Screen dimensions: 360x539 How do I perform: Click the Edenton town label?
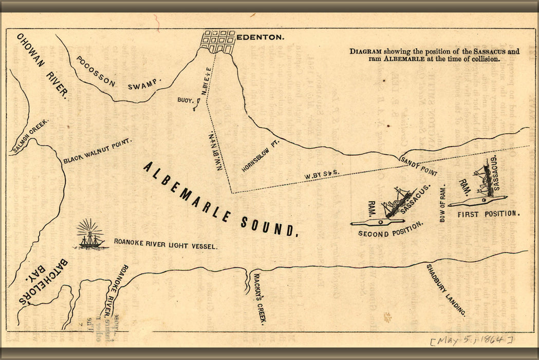(x=260, y=38)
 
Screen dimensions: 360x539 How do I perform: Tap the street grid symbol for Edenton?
(x=217, y=41)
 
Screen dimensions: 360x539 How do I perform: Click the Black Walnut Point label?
(x=98, y=151)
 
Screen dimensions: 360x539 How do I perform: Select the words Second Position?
(x=391, y=229)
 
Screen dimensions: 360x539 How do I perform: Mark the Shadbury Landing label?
(x=446, y=290)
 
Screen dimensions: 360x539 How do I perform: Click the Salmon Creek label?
(x=30, y=137)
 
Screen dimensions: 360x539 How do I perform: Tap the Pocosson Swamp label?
(x=119, y=73)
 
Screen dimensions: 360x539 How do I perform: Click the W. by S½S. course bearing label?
(x=324, y=175)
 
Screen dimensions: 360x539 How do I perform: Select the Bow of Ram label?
(x=443, y=204)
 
